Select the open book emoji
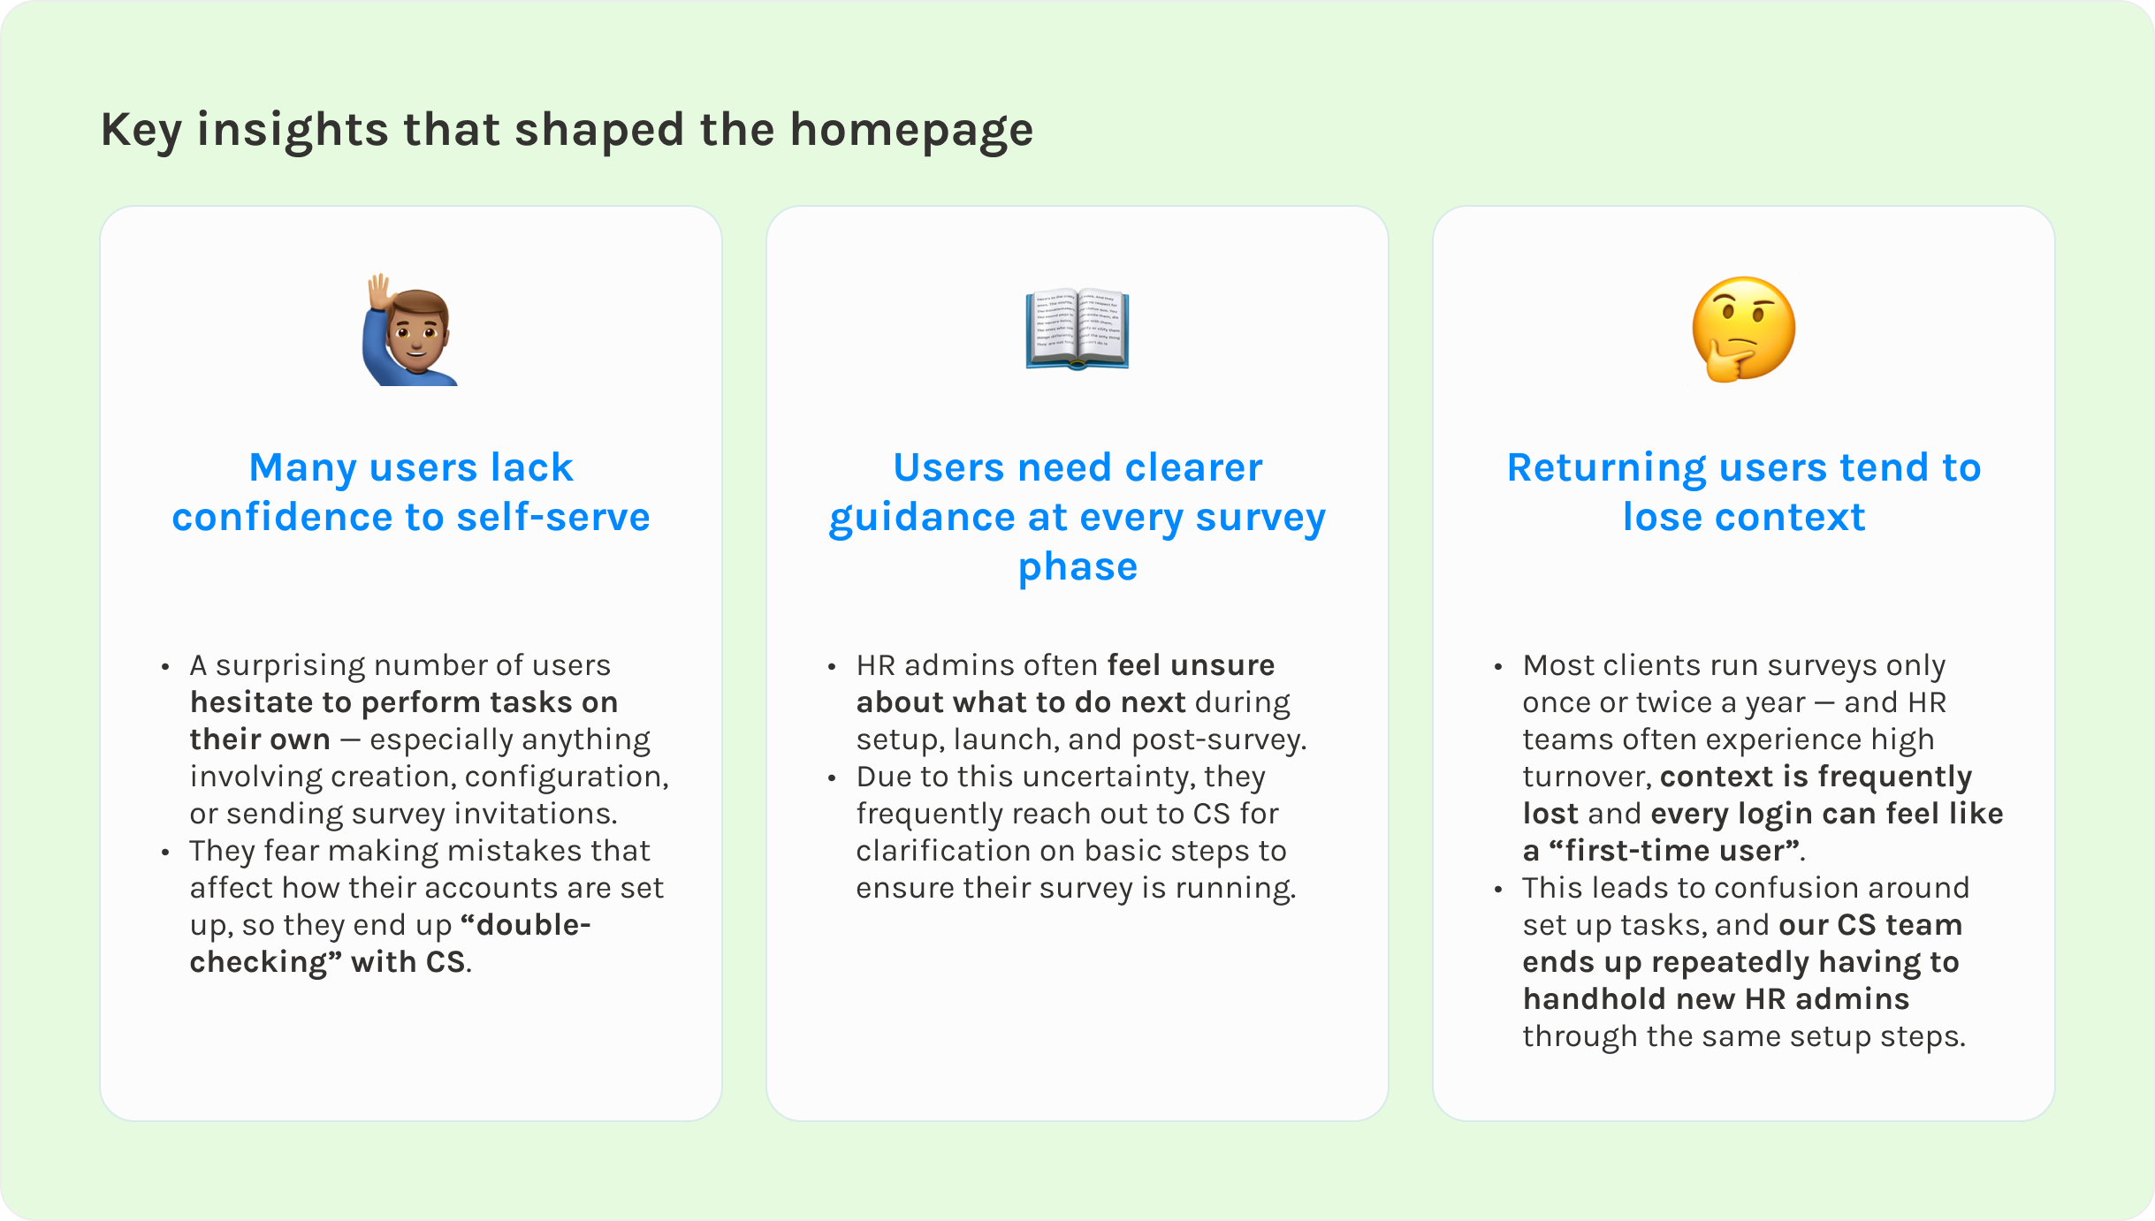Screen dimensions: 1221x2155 1077,329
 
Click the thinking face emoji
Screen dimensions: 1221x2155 1743,329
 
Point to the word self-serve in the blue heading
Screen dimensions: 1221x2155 553,517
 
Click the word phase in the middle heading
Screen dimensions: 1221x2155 1077,566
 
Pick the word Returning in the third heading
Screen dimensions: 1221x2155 1606,467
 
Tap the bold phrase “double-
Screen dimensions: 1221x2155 526,925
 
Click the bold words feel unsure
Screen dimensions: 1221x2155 1191,665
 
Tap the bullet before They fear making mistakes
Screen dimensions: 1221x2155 165,853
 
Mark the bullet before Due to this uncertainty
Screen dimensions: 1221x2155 832,778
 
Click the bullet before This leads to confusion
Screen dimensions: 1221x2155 1498,890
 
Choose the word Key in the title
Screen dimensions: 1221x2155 141,131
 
